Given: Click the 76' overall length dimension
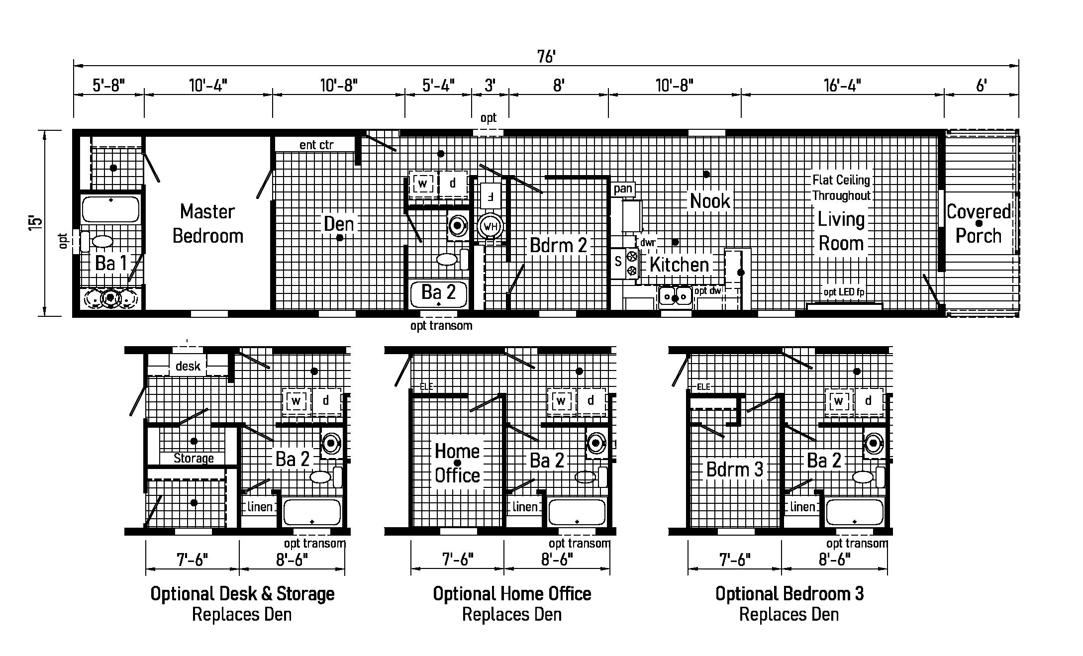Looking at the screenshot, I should pyautogui.click(x=546, y=57).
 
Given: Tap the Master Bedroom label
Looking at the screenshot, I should pyautogui.click(x=208, y=224).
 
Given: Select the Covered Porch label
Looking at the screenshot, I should pyautogui.click(x=979, y=224).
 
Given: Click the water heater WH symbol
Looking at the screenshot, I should pyautogui.click(x=490, y=227).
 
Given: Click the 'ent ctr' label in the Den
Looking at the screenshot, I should pyautogui.click(x=316, y=145).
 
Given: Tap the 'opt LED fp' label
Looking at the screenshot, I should pyautogui.click(x=844, y=292).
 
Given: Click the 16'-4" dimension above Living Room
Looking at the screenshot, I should pyautogui.click(x=842, y=86).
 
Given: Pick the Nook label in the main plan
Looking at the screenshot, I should pyautogui.click(x=710, y=201).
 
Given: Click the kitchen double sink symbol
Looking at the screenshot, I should pyautogui.click(x=676, y=296).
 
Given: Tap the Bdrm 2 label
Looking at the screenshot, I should pyautogui.click(x=558, y=245).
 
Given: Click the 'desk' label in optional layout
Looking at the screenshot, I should pyautogui.click(x=188, y=367).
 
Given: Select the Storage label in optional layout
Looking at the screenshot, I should pyautogui.click(x=194, y=458).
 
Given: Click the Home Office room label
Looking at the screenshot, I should pyautogui.click(x=457, y=463).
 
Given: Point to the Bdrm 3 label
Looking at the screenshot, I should pyautogui.click(x=734, y=469).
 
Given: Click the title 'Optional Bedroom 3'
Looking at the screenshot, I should pyautogui.click(x=789, y=593).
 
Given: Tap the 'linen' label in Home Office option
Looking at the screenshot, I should pyautogui.click(x=525, y=507).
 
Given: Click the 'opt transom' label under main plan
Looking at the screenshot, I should pyautogui.click(x=441, y=326).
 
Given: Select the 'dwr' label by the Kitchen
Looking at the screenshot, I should pyautogui.click(x=648, y=243).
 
